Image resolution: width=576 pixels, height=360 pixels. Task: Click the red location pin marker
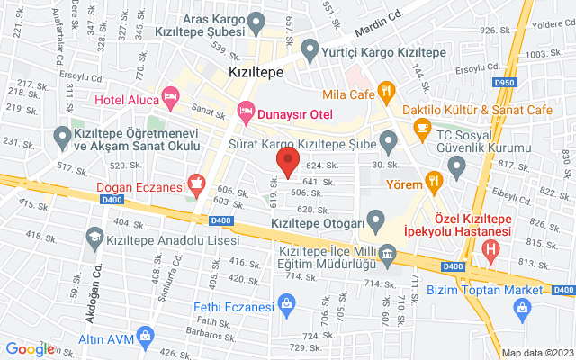pos(288,163)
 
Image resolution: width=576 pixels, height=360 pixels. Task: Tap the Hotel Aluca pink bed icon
pos(169,95)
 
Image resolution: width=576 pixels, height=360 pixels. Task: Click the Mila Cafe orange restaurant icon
pos(386,90)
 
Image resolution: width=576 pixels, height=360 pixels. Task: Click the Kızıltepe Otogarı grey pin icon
pos(377,221)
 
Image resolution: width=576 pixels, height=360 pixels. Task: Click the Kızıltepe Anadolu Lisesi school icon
pos(94,238)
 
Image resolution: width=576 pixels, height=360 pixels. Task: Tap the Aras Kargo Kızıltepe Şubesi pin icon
pos(256,20)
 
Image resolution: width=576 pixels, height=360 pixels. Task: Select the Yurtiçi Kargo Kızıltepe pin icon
pos(311,50)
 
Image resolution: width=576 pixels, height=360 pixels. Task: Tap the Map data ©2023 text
pos(537,353)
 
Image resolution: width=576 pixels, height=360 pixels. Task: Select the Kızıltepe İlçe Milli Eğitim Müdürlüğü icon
pos(387,255)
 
